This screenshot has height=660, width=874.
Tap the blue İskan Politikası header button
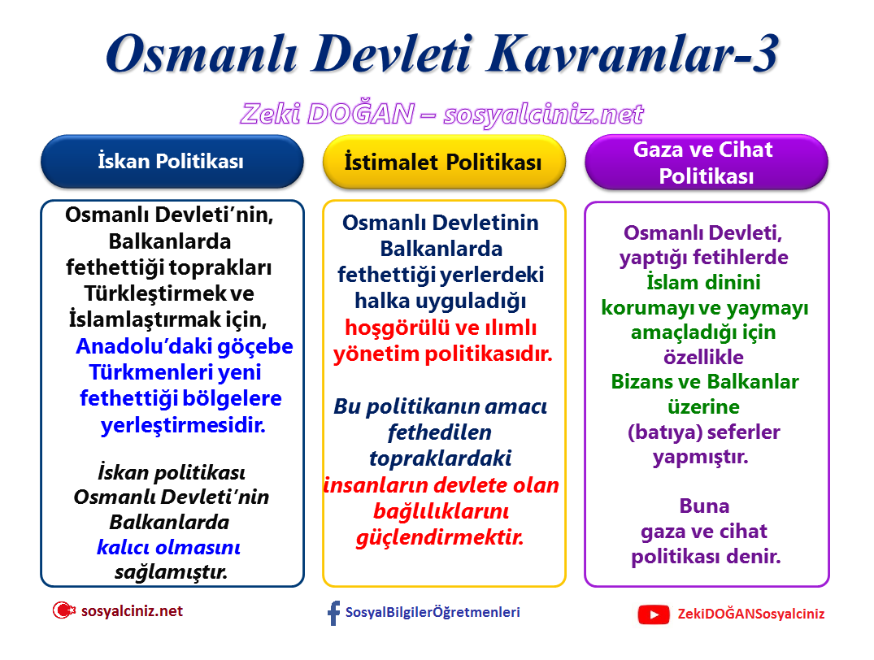(171, 161)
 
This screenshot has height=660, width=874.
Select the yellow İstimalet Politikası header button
(443, 163)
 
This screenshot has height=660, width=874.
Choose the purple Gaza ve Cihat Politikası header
(706, 163)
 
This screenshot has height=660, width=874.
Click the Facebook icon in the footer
(333, 613)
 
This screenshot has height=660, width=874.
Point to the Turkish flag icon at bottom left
(63, 610)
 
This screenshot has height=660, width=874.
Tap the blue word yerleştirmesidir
(183, 425)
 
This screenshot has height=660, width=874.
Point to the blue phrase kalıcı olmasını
(168, 547)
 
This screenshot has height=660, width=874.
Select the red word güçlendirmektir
(440, 537)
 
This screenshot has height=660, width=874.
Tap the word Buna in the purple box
(704, 506)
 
